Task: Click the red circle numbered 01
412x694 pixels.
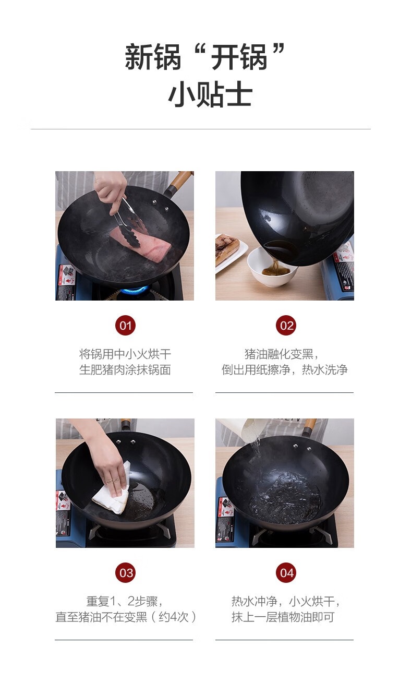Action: click(125, 325)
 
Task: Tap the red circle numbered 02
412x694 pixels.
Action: click(286, 325)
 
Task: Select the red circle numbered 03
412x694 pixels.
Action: click(125, 572)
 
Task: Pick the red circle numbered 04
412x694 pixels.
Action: click(286, 572)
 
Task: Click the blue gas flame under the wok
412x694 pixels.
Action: click(135, 291)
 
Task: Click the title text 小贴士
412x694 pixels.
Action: click(210, 95)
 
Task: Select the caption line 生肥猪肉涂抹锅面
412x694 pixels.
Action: click(125, 369)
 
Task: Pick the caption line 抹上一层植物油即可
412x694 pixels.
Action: click(283, 617)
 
